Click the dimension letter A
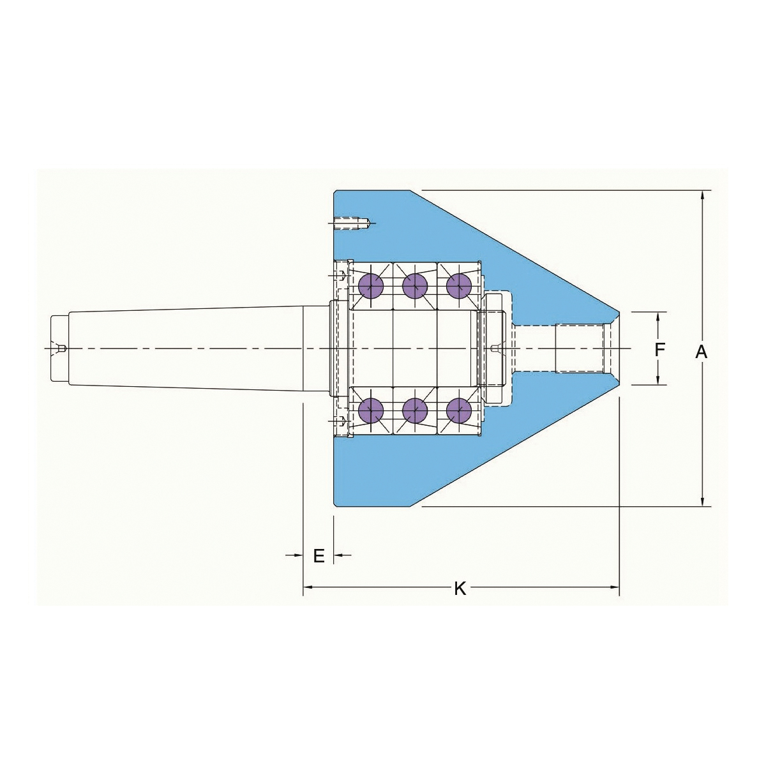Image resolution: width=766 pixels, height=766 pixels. (702, 352)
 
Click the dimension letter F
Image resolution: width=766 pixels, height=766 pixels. (659, 349)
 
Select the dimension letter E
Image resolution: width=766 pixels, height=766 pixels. (319, 556)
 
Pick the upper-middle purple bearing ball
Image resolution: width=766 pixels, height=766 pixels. (415, 286)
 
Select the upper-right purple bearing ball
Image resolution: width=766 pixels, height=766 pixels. (459, 286)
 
